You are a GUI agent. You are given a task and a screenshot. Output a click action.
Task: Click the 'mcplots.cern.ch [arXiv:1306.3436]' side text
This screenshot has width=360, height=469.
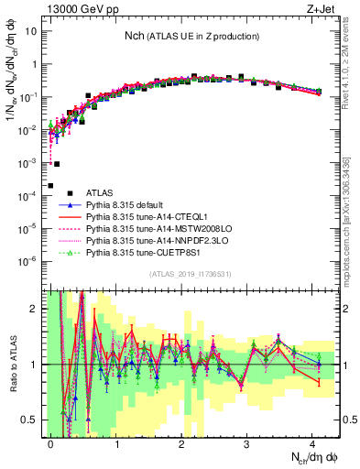(352, 221)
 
